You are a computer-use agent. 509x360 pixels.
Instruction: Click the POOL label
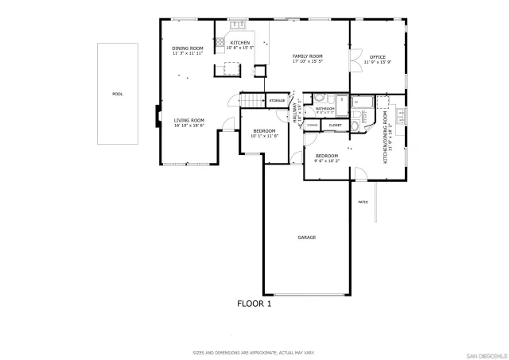118,94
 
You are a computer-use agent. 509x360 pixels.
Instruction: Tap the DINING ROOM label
188,48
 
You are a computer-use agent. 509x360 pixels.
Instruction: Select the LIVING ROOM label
189,121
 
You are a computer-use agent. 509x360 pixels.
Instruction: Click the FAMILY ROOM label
307,56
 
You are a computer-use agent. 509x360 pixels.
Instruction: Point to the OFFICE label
377,57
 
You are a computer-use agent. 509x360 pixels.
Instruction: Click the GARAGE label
307,238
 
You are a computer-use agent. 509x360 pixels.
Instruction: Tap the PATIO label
363,202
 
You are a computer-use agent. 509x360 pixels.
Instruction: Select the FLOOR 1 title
254,304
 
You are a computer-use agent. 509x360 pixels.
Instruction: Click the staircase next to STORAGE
252,100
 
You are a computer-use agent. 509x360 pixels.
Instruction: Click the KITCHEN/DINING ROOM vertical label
386,137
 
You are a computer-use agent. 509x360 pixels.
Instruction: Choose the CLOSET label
335,125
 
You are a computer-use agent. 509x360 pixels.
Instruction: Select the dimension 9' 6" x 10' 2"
326,161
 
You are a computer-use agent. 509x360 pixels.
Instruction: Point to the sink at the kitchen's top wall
238,25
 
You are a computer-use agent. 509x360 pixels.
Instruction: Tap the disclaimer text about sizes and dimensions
254,352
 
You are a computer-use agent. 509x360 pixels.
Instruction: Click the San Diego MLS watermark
485,352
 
